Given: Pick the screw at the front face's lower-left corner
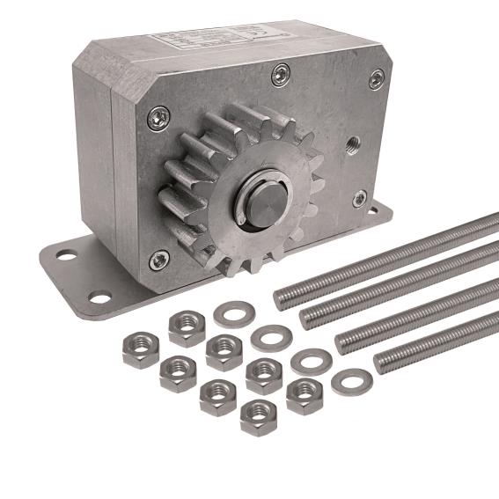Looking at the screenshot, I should point(159,260).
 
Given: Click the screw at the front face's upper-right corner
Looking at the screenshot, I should point(376,78).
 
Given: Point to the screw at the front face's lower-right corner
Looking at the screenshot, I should point(360,199).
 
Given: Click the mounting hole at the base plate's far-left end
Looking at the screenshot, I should point(66,256).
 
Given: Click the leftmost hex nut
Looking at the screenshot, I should point(140,349).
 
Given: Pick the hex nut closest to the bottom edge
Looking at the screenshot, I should point(257,415).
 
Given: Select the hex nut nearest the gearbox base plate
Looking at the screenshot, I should point(187,328).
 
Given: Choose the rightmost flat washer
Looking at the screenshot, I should point(351,382).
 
